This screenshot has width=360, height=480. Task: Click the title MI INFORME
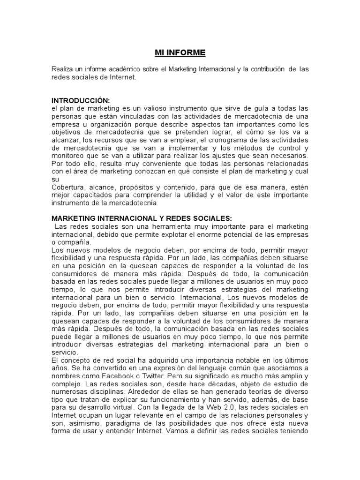(180, 52)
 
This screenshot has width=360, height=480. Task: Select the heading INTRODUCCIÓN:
(81, 101)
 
